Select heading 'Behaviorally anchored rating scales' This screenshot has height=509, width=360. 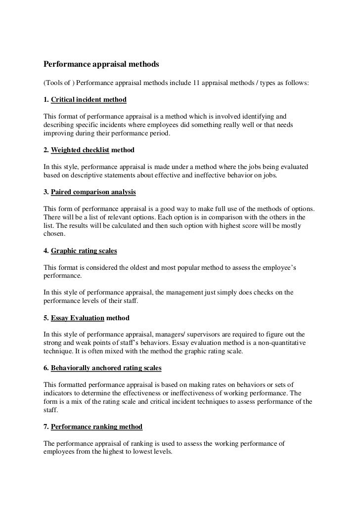click(106, 369)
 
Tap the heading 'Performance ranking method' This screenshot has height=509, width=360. click(96, 426)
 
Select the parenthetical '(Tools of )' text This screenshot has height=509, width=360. click(59, 82)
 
